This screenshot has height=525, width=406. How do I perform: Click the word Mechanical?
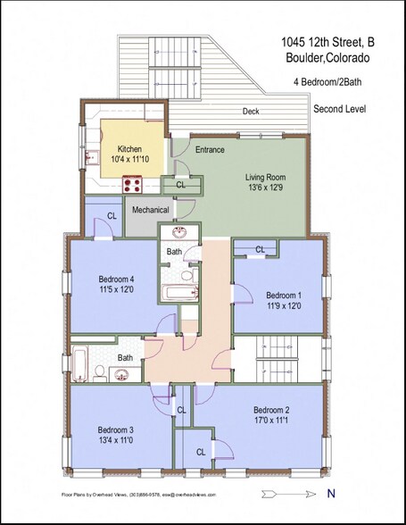pyautogui.click(x=150, y=210)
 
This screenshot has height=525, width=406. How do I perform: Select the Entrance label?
pyautogui.click(x=210, y=150)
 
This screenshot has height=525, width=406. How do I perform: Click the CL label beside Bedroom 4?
pyautogui.click(x=112, y=216)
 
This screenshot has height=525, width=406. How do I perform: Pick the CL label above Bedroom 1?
pyautogui.click(x=260, y=249)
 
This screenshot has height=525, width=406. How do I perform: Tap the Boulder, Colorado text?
pyautogui.click(x=329, y=58)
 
